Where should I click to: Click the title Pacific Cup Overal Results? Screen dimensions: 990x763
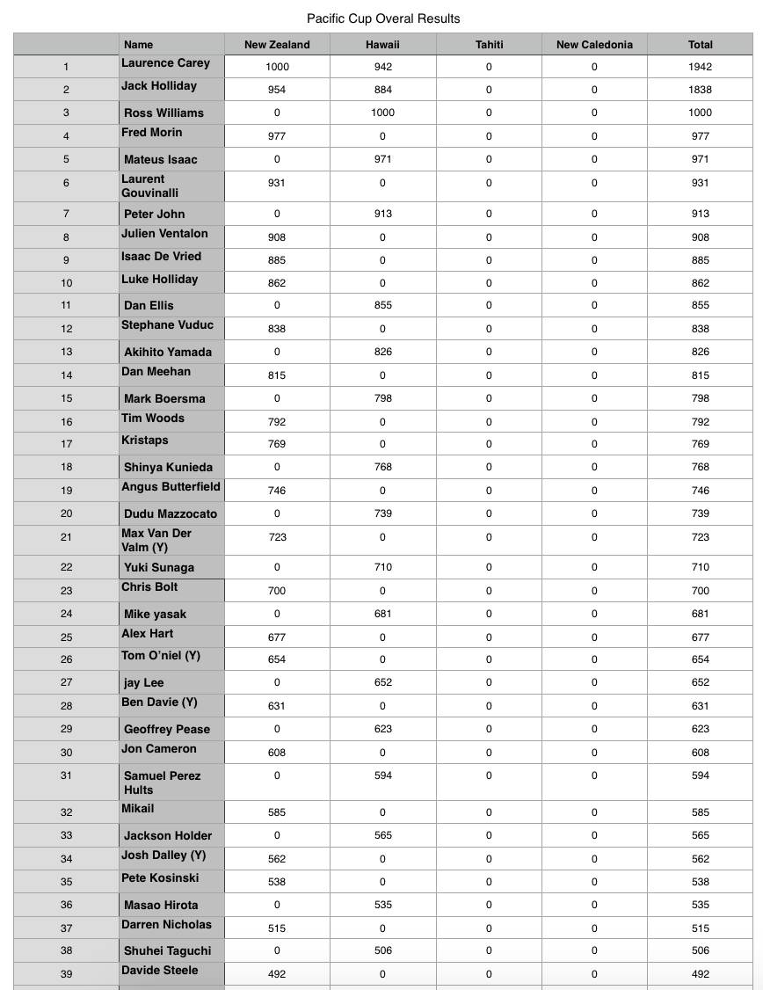(x=383, y=18)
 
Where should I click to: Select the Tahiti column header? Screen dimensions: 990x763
(x=489, y=45)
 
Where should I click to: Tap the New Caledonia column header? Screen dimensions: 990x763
(x=594, y=45)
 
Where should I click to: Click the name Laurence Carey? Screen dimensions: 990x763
(x=165, y=63)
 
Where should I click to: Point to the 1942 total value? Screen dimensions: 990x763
(x=701, y=67)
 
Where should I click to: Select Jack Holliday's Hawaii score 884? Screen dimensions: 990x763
(x=383, y=90)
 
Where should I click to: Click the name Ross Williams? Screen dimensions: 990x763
(x=163, y=113)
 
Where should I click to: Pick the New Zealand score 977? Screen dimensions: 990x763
(x=277, y=136)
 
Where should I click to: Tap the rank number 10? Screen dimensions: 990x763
(x=66, y=283)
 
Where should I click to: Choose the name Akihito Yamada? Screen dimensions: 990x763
(x=168, y=352)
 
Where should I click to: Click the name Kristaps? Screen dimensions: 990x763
(x=145, y=440)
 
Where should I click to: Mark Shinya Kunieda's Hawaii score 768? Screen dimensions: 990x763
(x=383, y=467)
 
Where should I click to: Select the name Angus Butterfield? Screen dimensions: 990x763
(x=171, y=487)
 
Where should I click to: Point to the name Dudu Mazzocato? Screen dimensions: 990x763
(x=171, y=513)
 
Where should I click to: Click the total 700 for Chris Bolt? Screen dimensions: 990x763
(x=701, y=591)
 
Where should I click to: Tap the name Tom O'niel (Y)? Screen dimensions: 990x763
(x=161, y=656)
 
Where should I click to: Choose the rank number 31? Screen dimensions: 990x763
(x=66, y=775)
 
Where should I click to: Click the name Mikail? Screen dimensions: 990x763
(x=138, y=809)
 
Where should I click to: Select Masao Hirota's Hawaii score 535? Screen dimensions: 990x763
(x=383, y=905)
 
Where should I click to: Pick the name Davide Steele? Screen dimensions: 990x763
(x=160, y=971)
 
